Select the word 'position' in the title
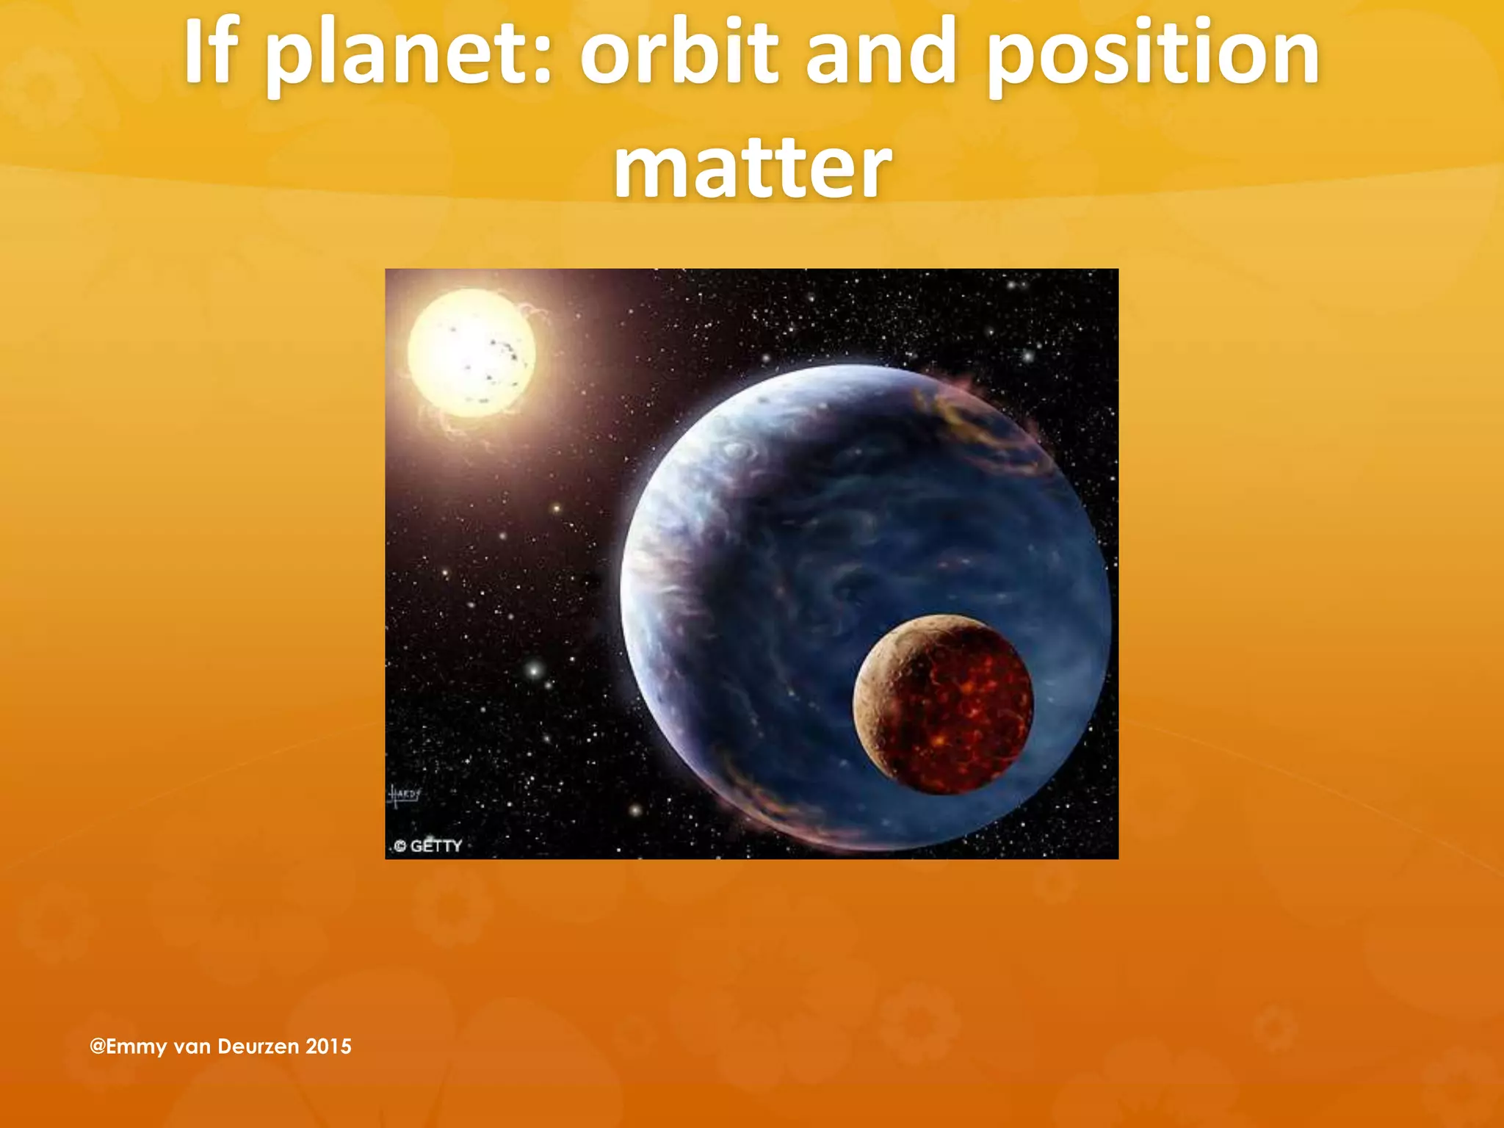click(1153, 55)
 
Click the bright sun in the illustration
click(471, 353)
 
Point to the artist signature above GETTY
click(404, 794)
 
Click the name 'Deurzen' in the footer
click(258, 1046)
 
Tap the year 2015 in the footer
click(328, 1046)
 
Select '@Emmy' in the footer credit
click(129, 1046)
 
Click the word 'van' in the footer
click(192, 1046)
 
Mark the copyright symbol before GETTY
click(400, 847)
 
